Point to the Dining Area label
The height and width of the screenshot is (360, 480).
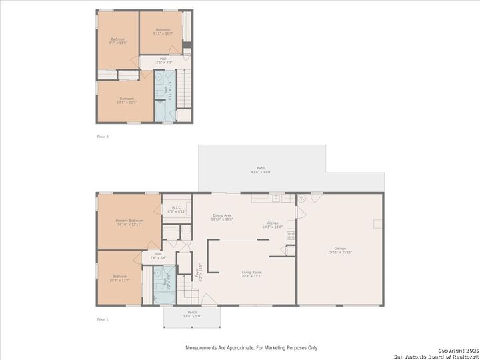click(222, 217)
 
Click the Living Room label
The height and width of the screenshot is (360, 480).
click(251, 273)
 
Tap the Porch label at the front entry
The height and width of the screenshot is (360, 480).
click(191, 313)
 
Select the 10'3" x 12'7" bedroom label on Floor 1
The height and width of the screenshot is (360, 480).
click(119, 278)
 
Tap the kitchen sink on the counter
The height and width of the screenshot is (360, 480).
click(275, 197)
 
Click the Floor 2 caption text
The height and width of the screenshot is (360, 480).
click(102, 137)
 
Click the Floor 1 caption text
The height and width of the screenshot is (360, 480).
click(102, 319)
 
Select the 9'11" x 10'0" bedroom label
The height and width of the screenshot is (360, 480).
click(163, 31)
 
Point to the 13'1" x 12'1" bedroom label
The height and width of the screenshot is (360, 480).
click(127, 101)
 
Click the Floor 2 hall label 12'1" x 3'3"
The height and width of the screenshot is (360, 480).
click(163, 60)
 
